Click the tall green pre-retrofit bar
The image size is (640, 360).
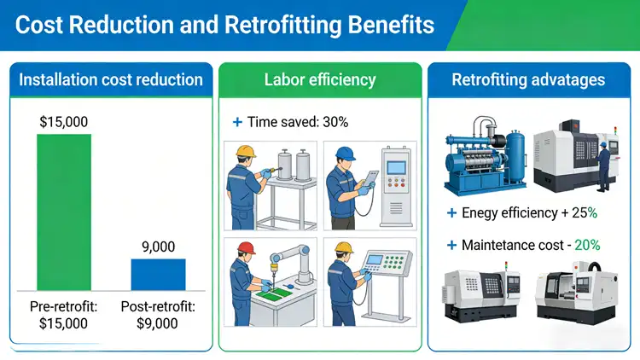tap(64, 212)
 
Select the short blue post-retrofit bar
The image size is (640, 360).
tap(157, 274)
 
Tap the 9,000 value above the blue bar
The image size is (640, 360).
tap(157, 247)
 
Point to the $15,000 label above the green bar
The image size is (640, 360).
tap(64, 122)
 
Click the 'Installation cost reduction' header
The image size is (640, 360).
tap(111, 80)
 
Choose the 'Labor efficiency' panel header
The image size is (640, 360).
tap(320, 80)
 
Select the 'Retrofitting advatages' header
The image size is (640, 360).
tap(528, 80)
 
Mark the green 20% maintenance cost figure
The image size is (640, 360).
tap(587, 245)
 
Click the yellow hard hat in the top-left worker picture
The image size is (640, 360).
tap(247, 152)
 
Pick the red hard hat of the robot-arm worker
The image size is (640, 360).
tap(247, 248)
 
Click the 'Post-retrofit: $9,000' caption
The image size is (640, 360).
tap(157, 315)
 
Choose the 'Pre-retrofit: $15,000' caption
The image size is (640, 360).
tap(64, 315)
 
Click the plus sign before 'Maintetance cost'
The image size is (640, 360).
tap(451, 245)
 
